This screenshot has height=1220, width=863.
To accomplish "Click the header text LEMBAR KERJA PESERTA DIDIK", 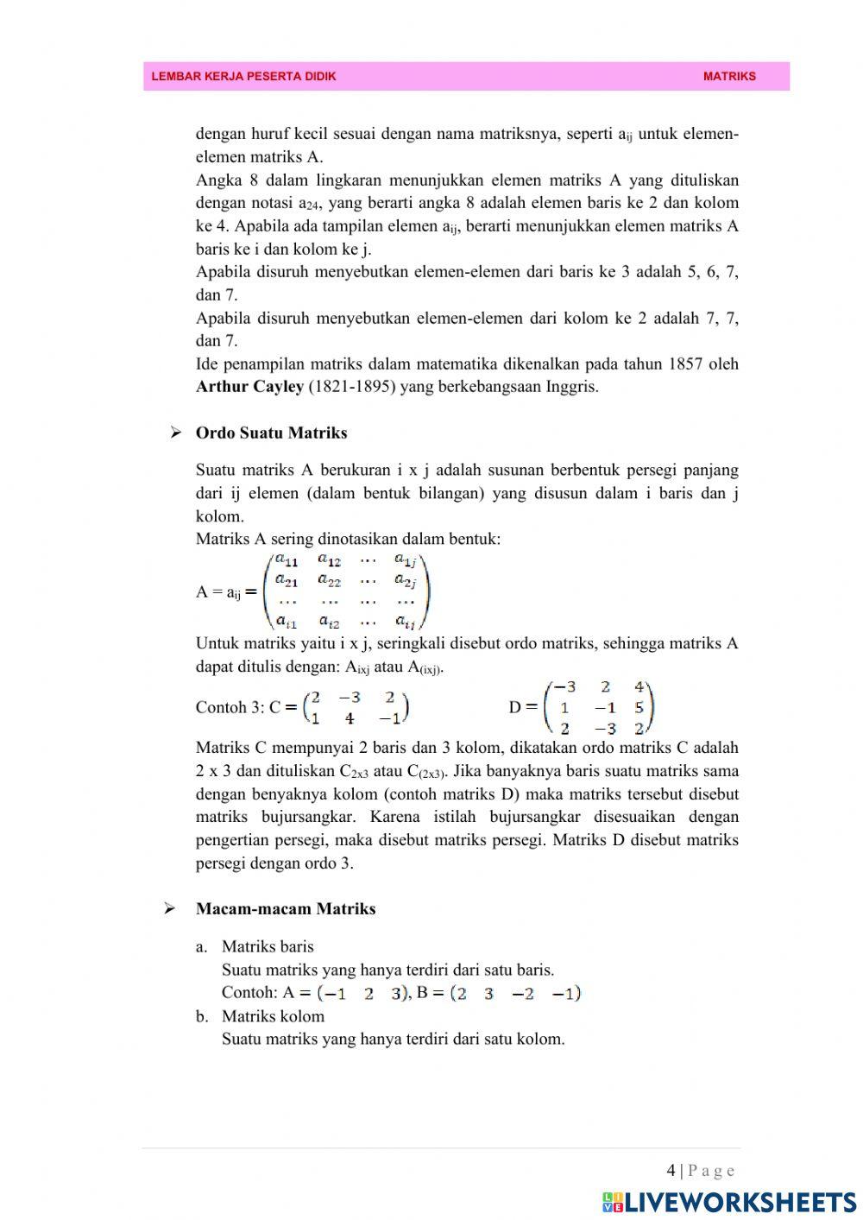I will pyautogui.click(x=243, y=76).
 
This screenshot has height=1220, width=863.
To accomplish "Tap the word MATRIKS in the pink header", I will pyautogui.click(x=729, y=76).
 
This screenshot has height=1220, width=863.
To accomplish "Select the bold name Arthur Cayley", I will pyautogui.click(x=249, y=387).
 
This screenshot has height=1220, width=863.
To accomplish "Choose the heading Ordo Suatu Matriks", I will pyautogui.click(x=271, y=433).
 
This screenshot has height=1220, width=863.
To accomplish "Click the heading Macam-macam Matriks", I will pyautogui.click(x=285, y=908).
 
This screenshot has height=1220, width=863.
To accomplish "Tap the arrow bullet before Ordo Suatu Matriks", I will pyautogui.click(x=176, y=433).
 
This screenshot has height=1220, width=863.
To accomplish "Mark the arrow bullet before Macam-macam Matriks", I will pyautogui.click(x=171, y=908).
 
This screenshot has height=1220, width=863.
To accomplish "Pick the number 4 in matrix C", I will pyautogui.click(x=349, y=718).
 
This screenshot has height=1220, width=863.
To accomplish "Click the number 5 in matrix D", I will pyautogui.click(x=639, y=708).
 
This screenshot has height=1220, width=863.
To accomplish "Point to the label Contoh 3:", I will pyautogui.click(x=230, y=707).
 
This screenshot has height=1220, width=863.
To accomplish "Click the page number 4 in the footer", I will pyautogui.click(x=671, y=1171).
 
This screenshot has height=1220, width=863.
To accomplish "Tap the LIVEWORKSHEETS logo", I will pyautogui.click(x=729, y=1201).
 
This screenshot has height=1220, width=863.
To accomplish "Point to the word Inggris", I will pyautogui.click(x=572, y=387).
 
